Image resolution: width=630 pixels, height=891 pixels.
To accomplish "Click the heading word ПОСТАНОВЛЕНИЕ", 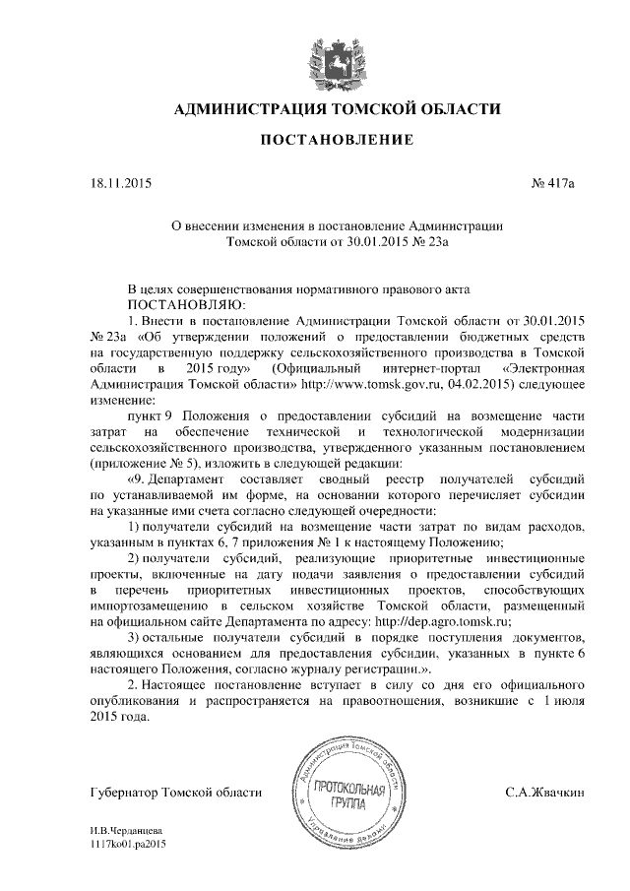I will [314, 141].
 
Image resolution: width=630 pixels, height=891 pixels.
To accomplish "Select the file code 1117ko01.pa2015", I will [127, 845].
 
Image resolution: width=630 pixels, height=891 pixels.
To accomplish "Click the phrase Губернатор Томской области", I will [175, 792].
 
